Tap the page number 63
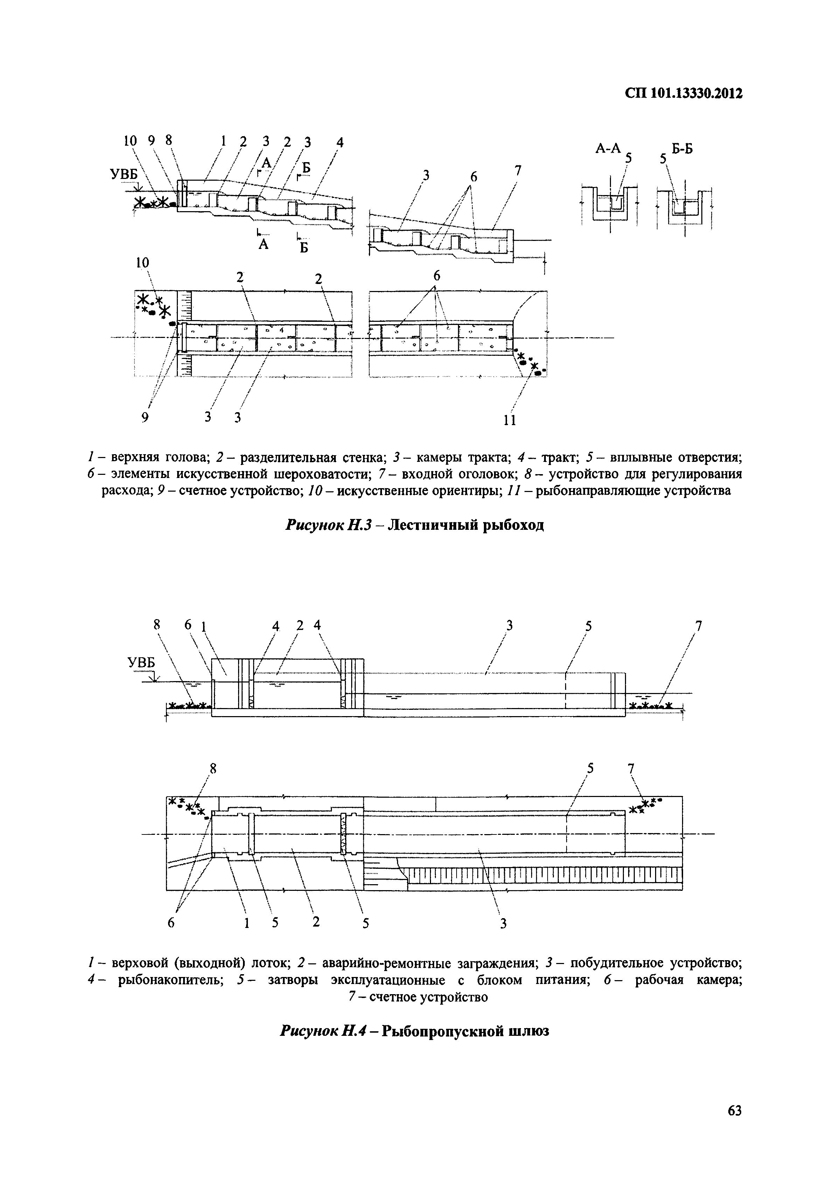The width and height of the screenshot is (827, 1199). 734,1110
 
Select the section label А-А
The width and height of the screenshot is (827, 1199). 608,149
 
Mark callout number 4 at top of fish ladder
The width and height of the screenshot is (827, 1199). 340,141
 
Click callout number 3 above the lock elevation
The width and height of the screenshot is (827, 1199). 509,625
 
